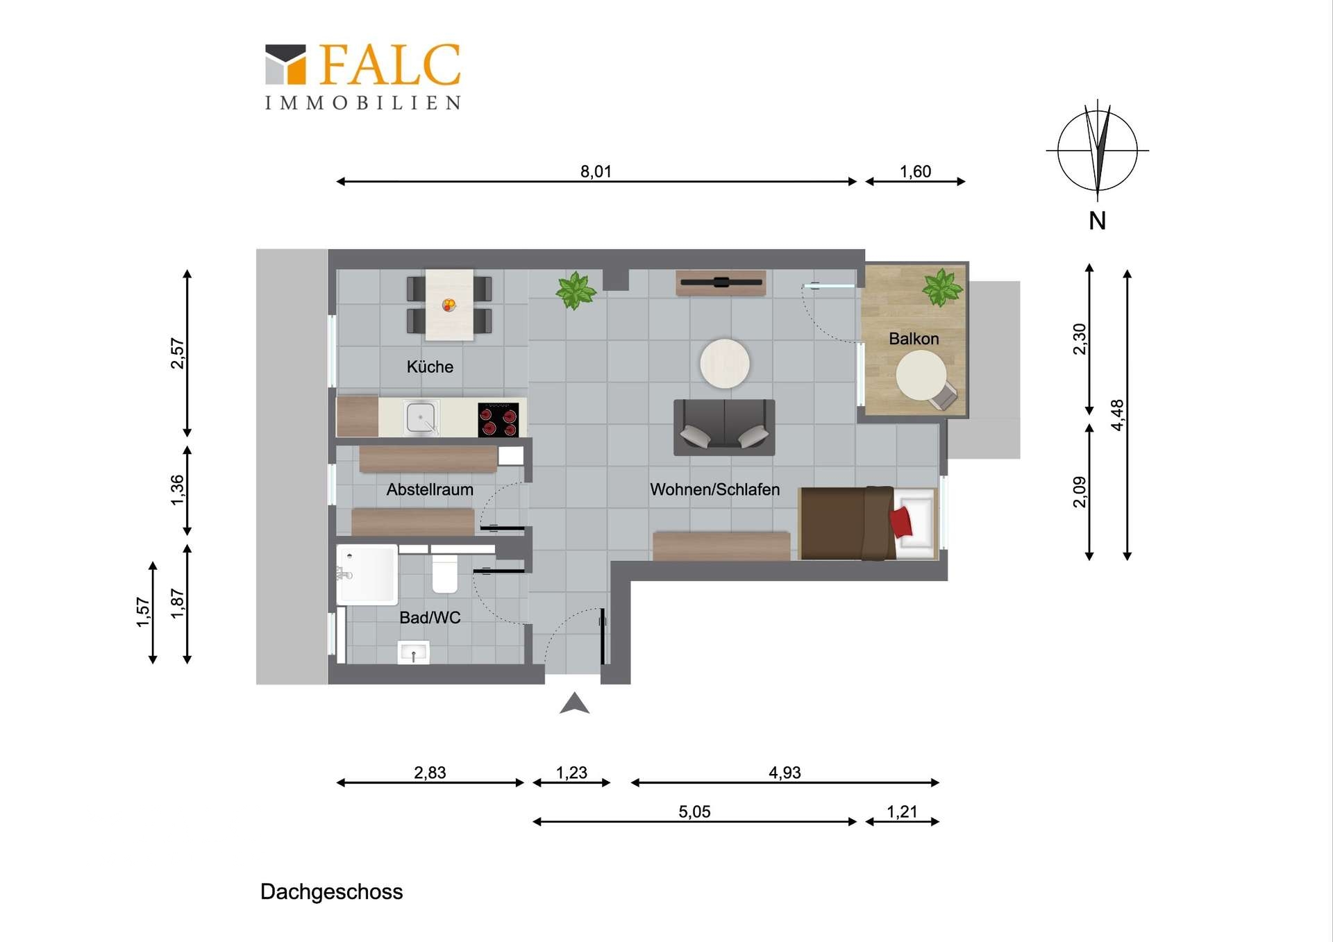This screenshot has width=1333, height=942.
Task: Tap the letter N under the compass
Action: (x=1097, y=221)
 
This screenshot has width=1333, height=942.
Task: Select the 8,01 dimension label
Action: (x=596, y=171)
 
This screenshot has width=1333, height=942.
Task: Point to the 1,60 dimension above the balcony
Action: (x=915, y=171)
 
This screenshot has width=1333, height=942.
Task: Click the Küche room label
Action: (x=430, y=367)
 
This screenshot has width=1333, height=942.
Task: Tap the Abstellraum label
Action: (x=430, y=489)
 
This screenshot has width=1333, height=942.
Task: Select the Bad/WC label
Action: (x=430, y=617)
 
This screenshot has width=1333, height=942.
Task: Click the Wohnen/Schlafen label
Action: (x=714, y=489)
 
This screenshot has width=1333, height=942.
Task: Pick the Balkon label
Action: (x=914, y=339)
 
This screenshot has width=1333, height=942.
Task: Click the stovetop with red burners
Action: (x=498, y=420)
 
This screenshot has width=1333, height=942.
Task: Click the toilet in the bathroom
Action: (x=444, y=573)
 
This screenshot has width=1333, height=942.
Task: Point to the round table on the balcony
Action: (x=921, y=376)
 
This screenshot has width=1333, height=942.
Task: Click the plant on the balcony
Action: (x=941, y=287)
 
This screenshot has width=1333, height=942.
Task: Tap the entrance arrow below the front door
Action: (x=574, y=703)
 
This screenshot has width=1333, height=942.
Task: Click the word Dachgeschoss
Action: (x=331, y=892)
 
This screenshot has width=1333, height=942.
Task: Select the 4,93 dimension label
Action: (x=785, y=773)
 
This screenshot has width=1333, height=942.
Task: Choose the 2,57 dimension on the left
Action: (x=178, y=353)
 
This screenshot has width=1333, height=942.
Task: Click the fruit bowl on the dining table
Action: (x=449, y=304)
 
